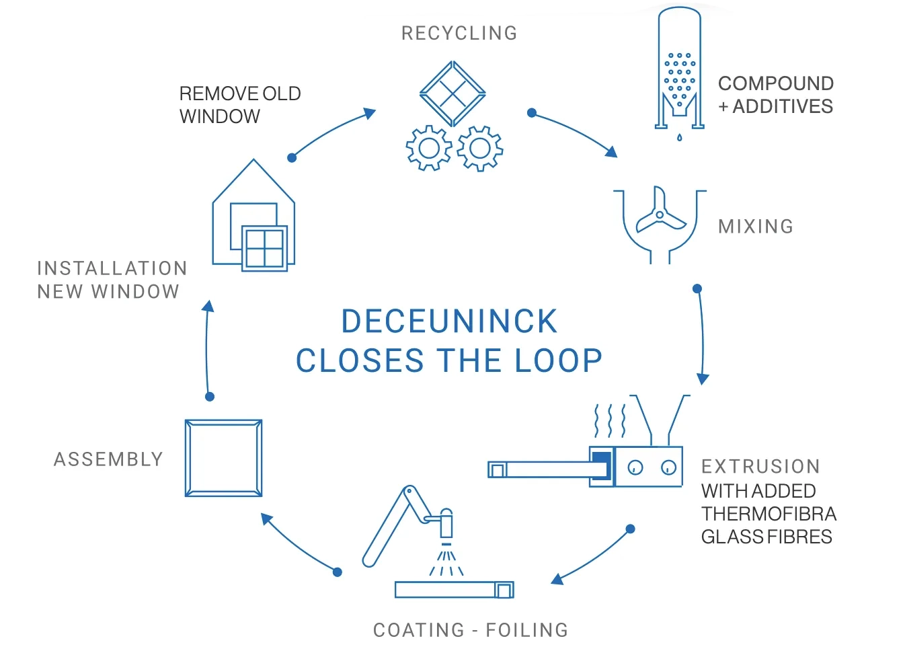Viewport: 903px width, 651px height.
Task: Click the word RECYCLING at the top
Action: click(459, 34)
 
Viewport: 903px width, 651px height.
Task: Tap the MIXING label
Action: click(756, 227)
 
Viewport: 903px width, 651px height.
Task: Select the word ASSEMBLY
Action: click(108, 459)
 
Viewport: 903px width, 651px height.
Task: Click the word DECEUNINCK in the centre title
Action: click(450, 321)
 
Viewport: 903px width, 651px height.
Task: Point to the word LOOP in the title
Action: click(559, 360)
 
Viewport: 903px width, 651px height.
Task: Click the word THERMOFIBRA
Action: click(769, 514)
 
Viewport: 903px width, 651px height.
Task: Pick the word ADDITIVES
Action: click(783, 106)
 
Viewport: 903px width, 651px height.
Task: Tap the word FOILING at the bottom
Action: click(527, 630)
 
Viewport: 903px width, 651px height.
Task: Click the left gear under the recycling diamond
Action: click(429, 148)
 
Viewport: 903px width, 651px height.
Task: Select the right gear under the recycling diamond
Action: click(479, 148)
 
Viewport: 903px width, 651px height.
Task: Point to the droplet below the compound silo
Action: click(680, 137)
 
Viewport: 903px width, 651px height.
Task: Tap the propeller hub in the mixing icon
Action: click(660, 215)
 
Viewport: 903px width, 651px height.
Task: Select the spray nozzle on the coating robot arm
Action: click(446, 524)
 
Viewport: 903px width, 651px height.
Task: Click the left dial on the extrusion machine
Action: click(635, 467)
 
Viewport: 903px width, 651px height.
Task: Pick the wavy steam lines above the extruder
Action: click(611, 421)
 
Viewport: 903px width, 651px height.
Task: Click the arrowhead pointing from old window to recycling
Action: click(370, 112)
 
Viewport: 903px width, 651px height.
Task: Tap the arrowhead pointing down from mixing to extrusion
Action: click(703, 379)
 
